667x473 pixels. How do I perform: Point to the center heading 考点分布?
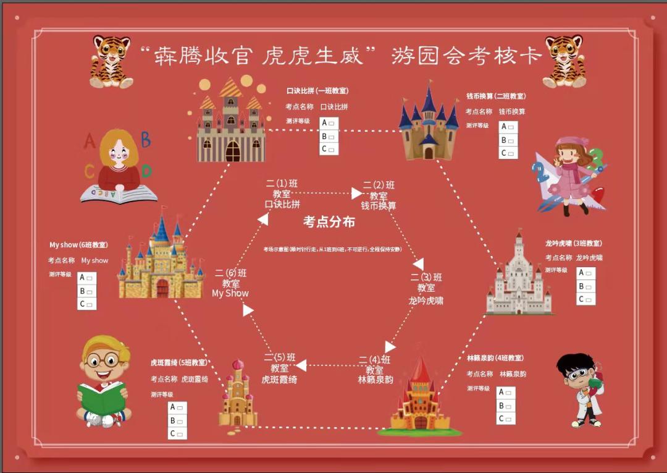click(x=329, y=222)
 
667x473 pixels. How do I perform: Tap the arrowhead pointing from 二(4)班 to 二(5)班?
click(x=301, y=365)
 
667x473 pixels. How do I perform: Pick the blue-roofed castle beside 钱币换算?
click(x=429, y=124)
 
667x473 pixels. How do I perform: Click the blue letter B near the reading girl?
click(x=146, y=140)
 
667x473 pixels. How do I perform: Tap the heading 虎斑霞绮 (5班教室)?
click(x=179, y=363)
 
